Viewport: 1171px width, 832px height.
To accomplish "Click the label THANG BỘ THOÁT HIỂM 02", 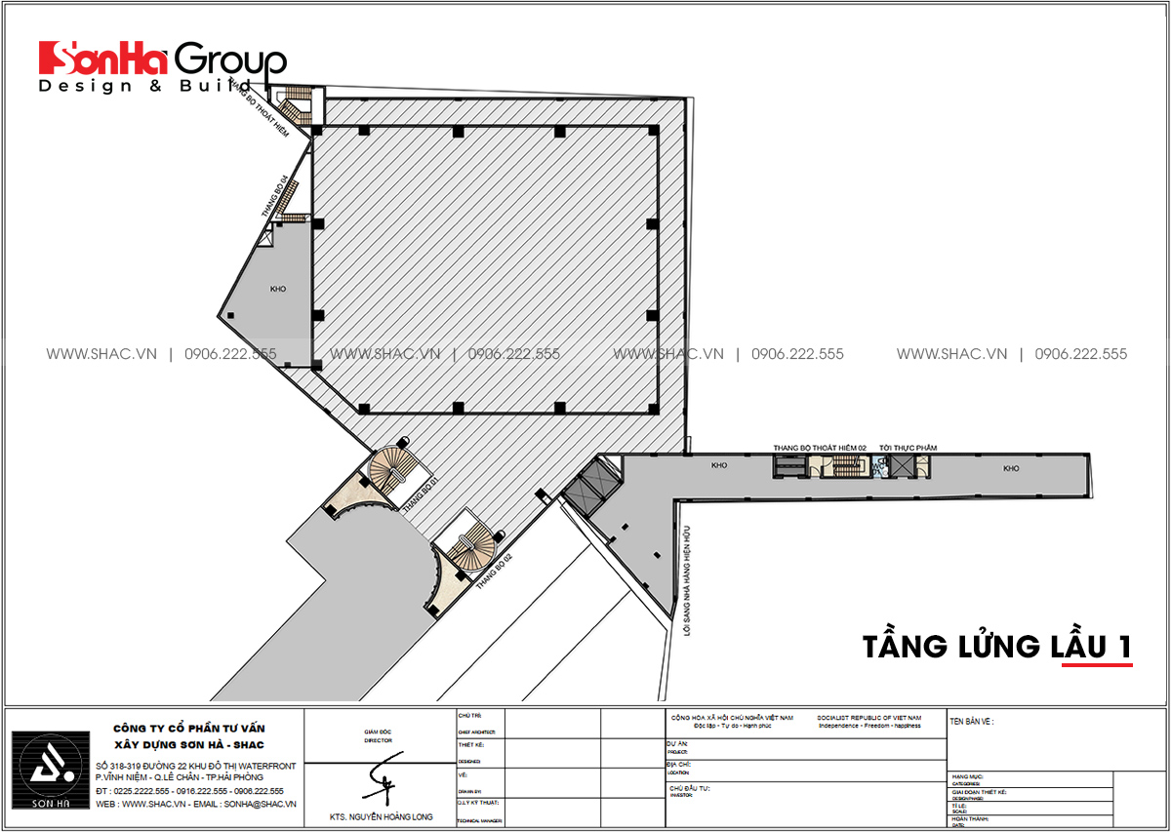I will point(820,447).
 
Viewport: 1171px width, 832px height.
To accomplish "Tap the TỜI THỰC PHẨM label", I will point(907,447).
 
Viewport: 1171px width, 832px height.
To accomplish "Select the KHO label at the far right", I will point(1010,468).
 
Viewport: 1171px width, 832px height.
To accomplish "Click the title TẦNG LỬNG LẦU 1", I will point(995,646).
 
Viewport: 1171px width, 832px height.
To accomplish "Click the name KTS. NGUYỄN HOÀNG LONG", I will point(381,817).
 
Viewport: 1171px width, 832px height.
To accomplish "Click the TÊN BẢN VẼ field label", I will point(973,722).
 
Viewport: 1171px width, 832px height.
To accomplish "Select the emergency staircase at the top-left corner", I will point(296,102).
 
